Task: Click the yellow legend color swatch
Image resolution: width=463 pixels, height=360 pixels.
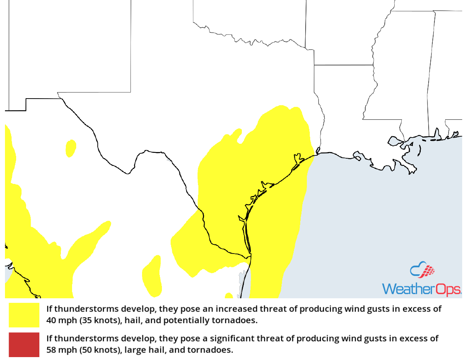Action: (x=24, y=315)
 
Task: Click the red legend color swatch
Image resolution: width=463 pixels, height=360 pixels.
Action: (x=24, y=344)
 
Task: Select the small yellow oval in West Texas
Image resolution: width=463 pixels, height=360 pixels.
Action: (x=71, y=148)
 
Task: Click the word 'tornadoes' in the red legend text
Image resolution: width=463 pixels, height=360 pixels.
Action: (x=215, y=350)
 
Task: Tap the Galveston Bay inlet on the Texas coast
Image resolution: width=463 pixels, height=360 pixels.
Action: (x=297, y=159)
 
